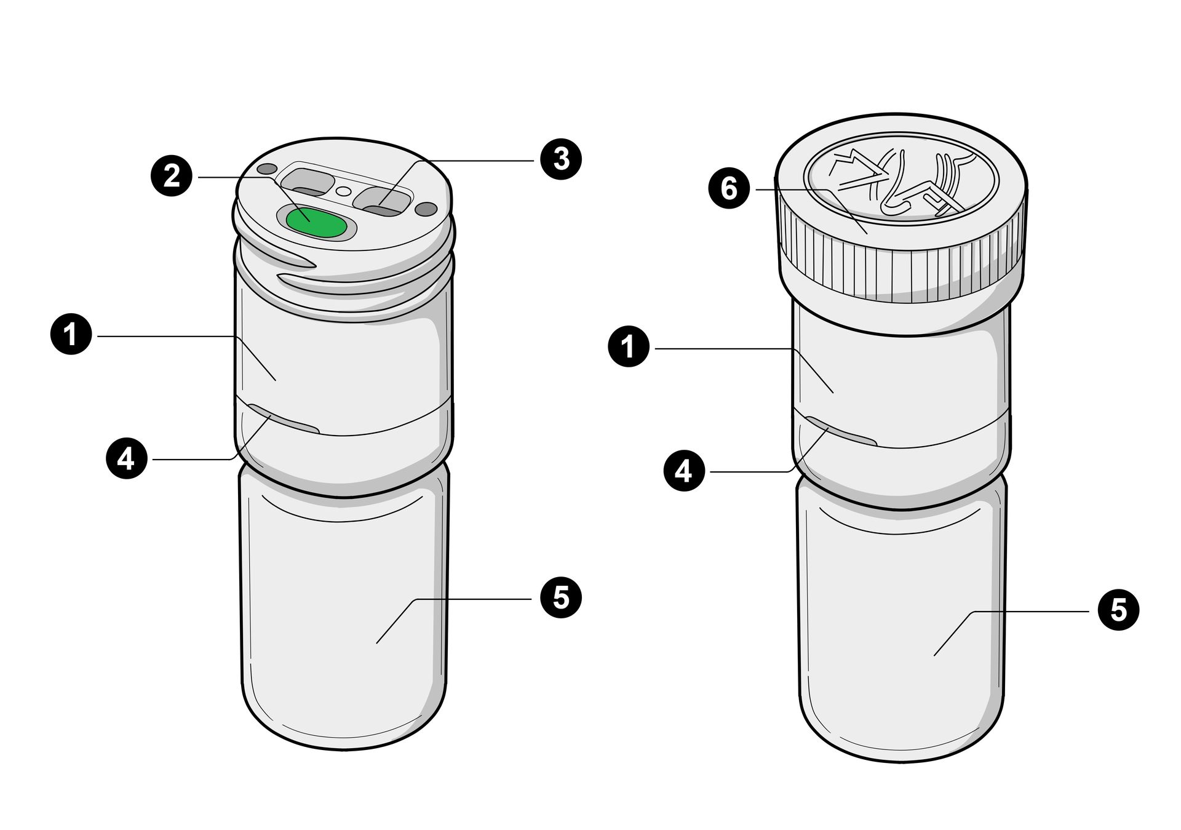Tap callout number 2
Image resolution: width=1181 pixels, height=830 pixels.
172,177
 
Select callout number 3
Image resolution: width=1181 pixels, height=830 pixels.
560,159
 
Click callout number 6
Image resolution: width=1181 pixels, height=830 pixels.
729,189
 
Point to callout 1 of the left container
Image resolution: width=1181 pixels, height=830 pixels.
71,335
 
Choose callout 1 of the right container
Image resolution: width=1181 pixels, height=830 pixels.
629,348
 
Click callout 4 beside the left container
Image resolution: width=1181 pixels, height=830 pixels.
126,458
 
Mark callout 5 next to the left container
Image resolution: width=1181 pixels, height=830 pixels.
560,598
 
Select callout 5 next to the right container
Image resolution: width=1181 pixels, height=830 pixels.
1118,610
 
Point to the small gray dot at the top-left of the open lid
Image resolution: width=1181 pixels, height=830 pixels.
267,168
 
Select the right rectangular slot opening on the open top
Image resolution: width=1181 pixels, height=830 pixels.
383,201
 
